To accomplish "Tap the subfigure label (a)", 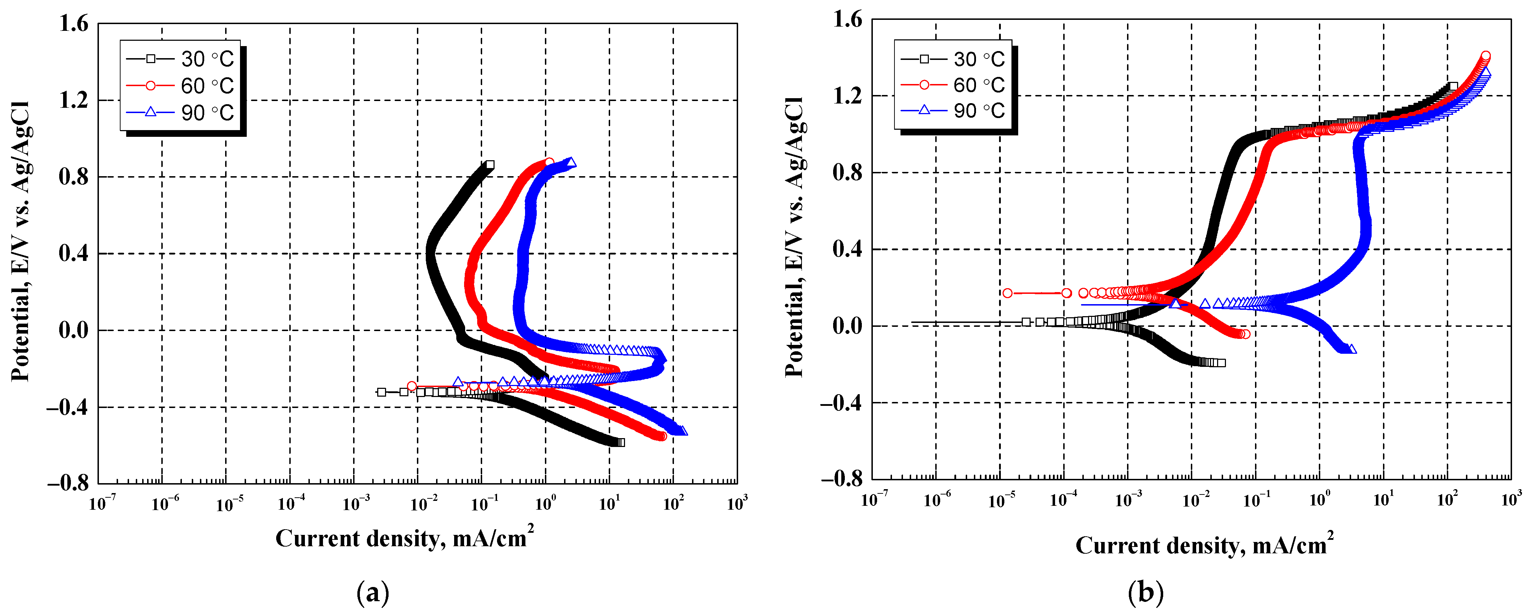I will [x=373, y=592].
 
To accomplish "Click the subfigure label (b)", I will [x=1146, y=592].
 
